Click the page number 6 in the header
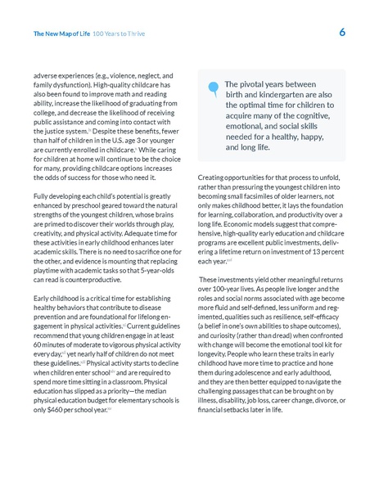(x=342, y=34)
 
